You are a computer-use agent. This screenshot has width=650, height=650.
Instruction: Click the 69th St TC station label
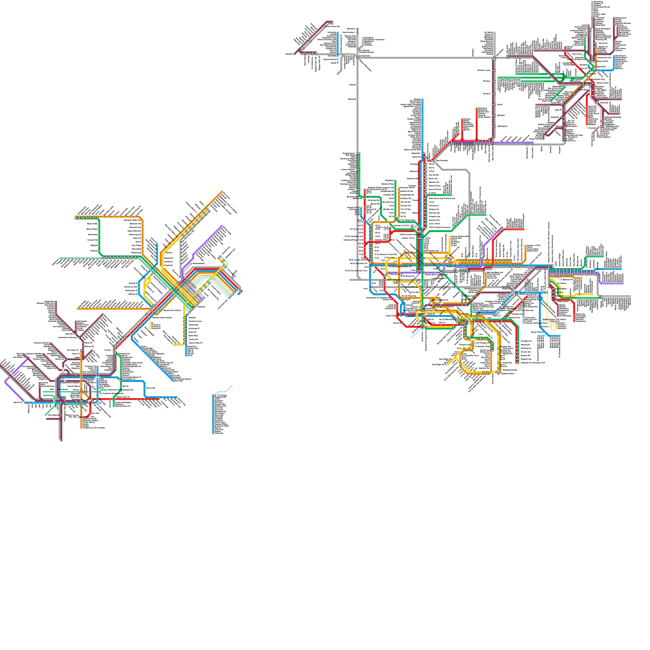tap(18, 402)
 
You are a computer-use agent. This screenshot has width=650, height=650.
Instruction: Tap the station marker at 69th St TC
tap(25, 403)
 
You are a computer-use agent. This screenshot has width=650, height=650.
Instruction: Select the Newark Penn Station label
tap(173, 310)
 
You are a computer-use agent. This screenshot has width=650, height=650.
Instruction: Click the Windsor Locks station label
tap(483, 70)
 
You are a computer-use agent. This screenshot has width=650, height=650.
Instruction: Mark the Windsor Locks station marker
tap(494, 70)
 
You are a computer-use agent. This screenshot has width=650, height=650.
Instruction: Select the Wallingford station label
tap(502, 126)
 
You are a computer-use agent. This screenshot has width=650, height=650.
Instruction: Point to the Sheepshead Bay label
tap(510, 370)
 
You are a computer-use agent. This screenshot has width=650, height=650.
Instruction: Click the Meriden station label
tap(500, 115)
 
